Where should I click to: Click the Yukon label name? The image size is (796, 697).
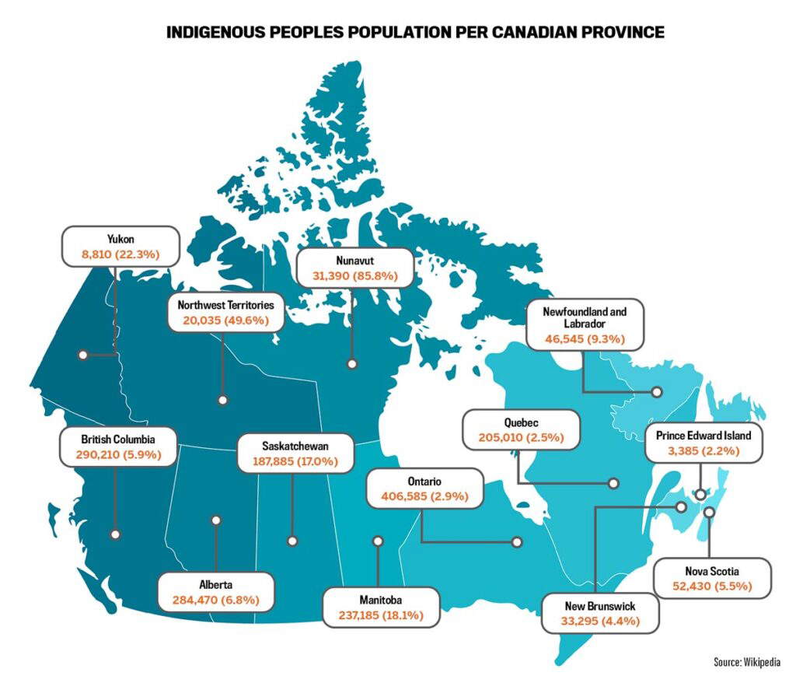(x=120, y=239)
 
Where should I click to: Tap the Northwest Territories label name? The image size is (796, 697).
(x=225, y=304)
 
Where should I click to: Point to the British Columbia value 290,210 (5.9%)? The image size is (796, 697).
(x=118, y=454)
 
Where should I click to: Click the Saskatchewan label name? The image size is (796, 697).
(x=295, y=447)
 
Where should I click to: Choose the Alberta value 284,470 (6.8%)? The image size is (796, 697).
(x=215, y=600)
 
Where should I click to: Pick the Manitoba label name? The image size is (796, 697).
(x=381, y=600)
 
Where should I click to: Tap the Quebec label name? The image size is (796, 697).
(x=521, y=422)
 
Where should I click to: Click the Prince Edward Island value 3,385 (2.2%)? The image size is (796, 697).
(x=703, y=450)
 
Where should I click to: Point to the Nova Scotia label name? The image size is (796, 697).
(x=713, y=571)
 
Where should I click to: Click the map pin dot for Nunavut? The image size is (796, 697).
(x=352, y=363)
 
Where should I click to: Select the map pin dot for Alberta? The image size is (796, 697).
(x=215, y=520)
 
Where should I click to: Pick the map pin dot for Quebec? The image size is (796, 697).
(x=613, y=483)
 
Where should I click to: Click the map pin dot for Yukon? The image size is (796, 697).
(x=82, y=355)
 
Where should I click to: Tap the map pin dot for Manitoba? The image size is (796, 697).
(x=379, y=540)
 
